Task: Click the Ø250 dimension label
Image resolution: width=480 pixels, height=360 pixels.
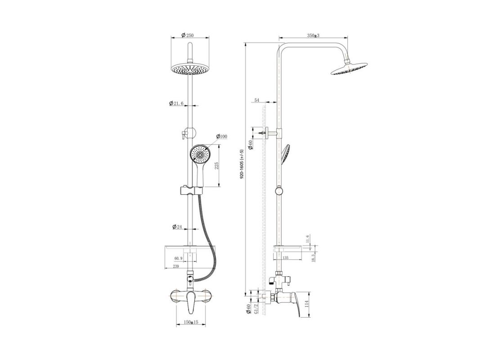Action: click(188, 35)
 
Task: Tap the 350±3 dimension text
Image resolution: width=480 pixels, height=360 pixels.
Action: click(313, 36)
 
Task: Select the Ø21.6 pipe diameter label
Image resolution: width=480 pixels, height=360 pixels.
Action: click(176, 103)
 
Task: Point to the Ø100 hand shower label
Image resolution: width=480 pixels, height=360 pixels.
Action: click(222, 136)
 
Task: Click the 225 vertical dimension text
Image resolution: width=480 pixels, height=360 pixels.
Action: click(217, 166)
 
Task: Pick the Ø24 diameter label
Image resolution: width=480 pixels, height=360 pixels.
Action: click(177, 227)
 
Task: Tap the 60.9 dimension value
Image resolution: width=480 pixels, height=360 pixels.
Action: click(179, 258)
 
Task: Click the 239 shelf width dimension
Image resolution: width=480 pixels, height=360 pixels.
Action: click(176, 267)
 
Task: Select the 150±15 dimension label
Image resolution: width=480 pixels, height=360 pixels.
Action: click(191, 322)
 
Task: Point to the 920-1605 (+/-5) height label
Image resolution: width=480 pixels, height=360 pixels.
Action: click(242, 164)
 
